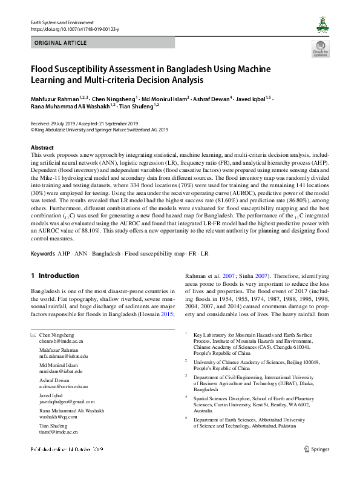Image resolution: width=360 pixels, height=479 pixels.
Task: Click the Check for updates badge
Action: [x=320, y=49]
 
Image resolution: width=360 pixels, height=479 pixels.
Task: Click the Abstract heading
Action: [x=42, y=148]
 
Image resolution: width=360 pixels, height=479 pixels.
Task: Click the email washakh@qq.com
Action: [x=59, y=417]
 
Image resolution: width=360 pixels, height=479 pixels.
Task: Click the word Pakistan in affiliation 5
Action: [x=286, y=426]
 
